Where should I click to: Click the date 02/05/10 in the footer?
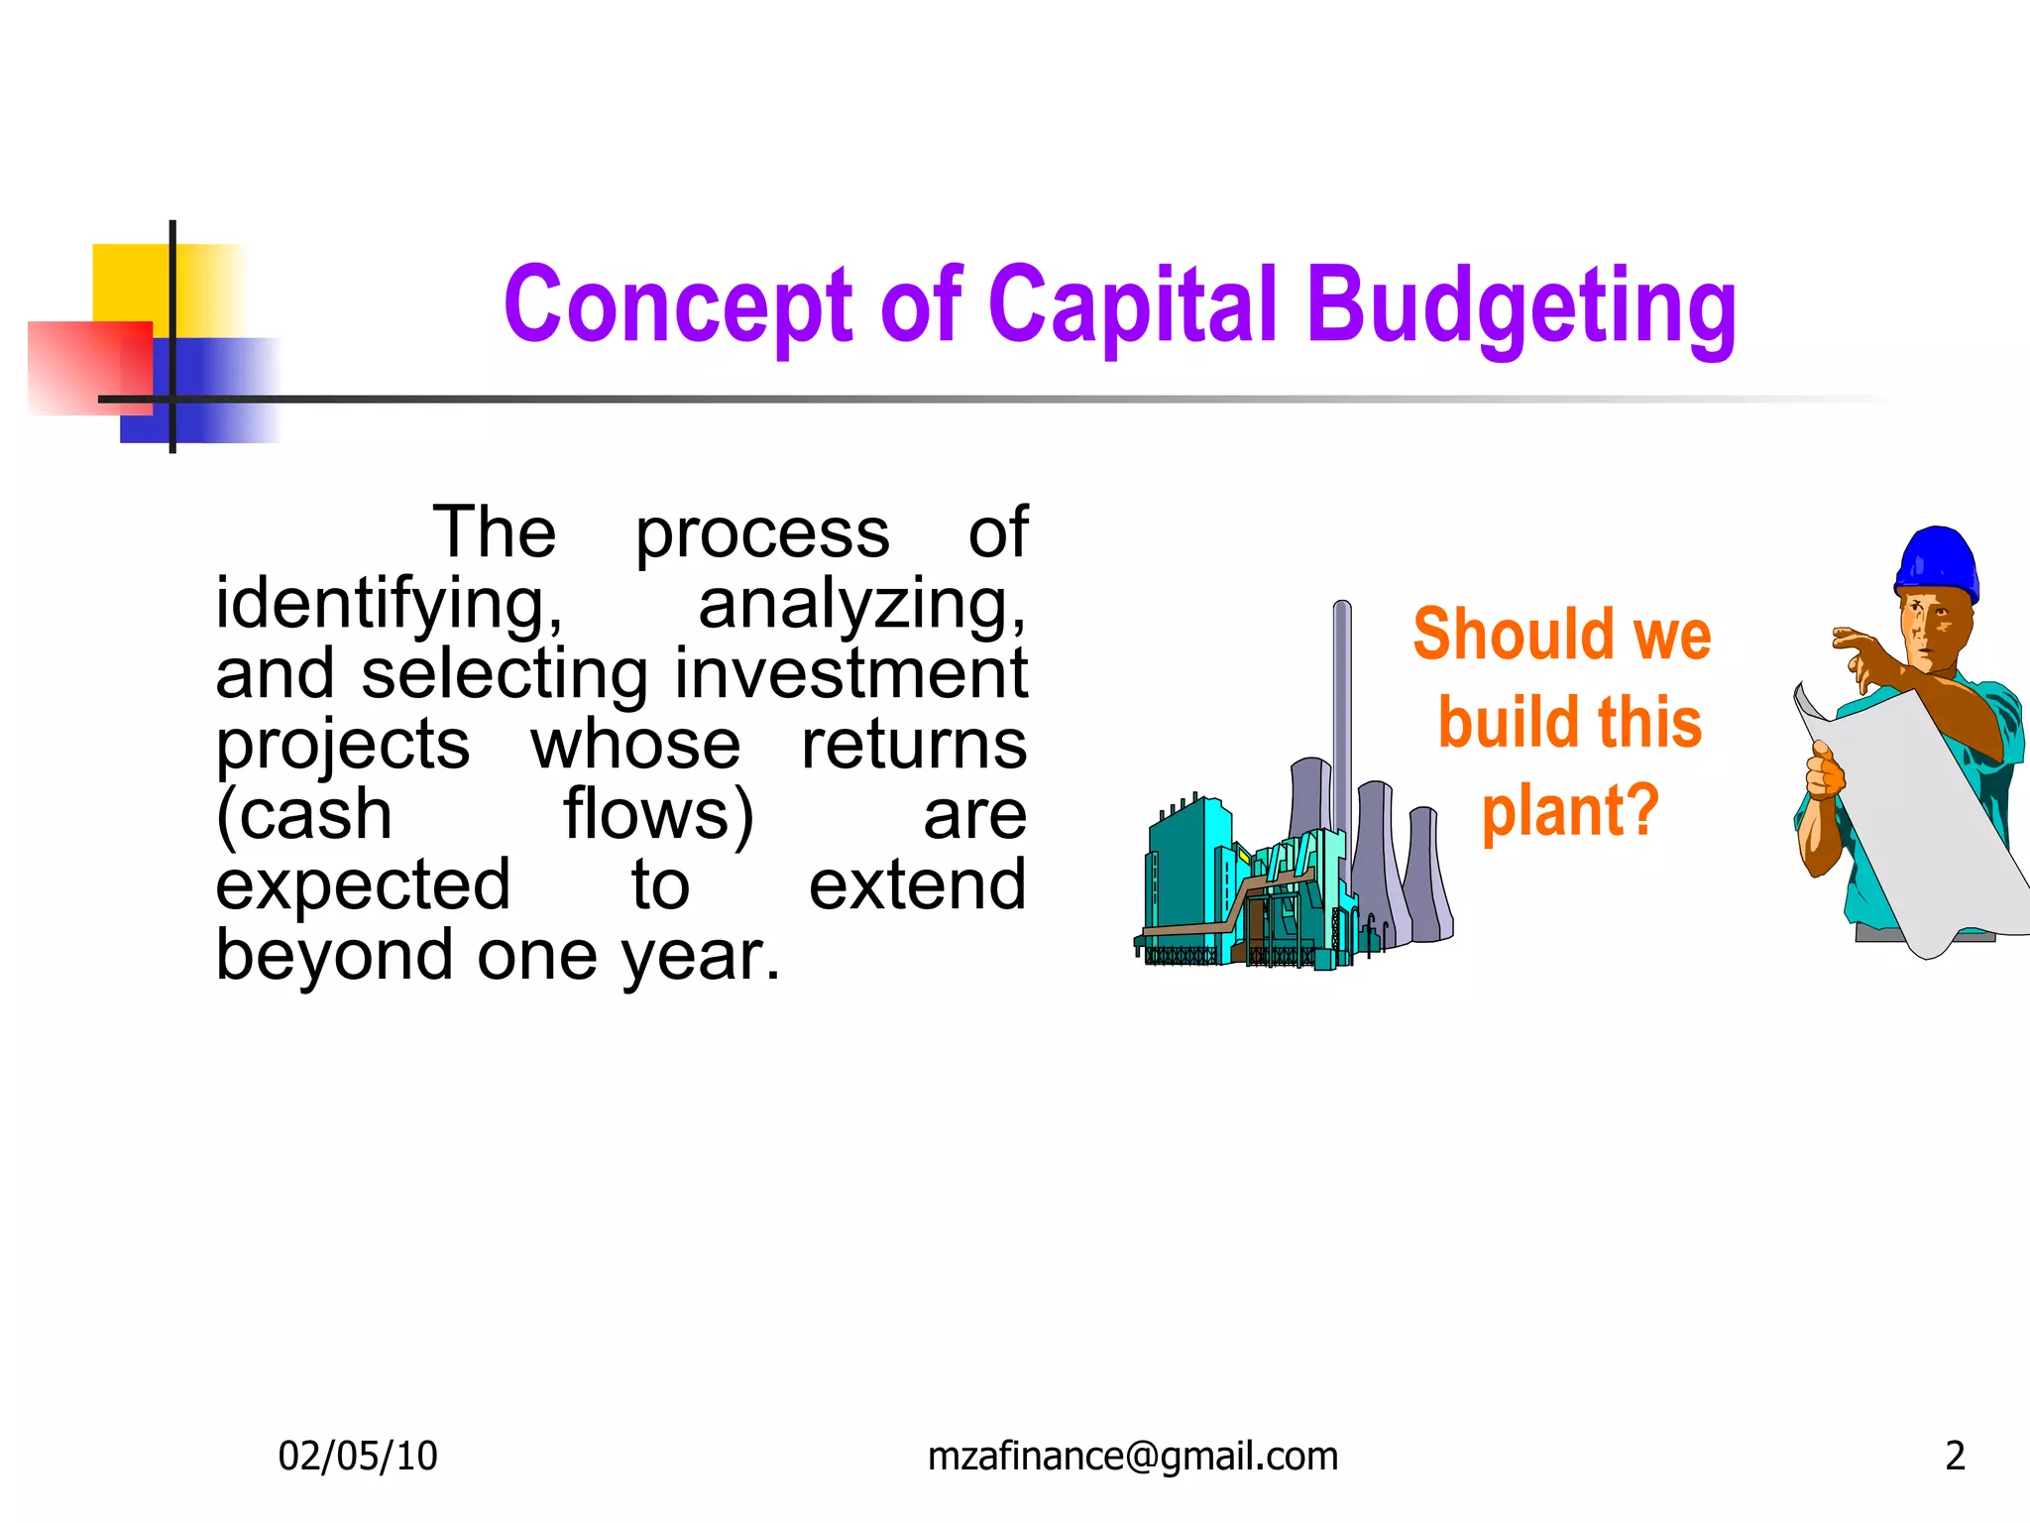[357, 1456]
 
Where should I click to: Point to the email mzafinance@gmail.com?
[1132, 1456]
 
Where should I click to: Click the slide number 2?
[1955, 1456]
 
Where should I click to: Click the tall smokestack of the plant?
[1342, 714]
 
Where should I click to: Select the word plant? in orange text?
[1570, 811]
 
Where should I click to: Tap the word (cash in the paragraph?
[304, 815]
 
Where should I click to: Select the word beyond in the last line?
[335, 956]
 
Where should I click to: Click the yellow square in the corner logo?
[129, 283]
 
